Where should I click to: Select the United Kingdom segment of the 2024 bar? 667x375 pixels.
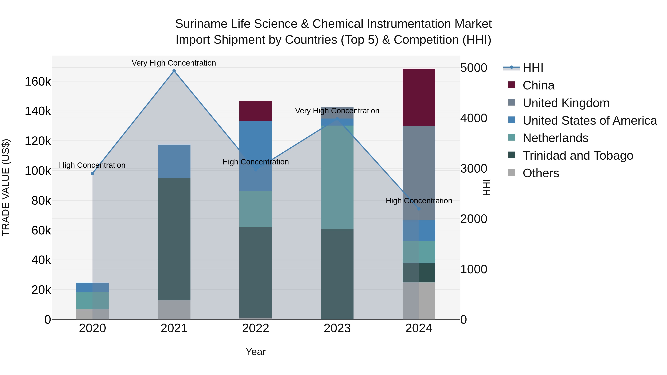tap(419, 173)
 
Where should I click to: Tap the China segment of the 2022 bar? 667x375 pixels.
tap(255, 111)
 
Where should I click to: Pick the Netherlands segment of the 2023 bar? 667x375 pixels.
tap(337, 177)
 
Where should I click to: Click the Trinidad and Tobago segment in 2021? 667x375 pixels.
tap(174, 239)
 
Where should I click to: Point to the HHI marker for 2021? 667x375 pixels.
tap(174, 71)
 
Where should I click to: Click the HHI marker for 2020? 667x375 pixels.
tap(92, 173)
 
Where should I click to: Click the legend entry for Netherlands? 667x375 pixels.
tap(555, 138)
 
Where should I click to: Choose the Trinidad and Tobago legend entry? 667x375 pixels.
tap(578, 156)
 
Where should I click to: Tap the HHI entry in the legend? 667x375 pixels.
tap(533, 68)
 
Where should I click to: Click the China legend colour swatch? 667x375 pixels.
tap(511, 85)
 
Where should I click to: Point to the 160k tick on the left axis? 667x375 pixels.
tap(38, 82)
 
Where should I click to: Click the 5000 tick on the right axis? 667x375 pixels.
tap(474, 68)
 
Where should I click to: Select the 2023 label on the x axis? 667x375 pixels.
tap(337, 328)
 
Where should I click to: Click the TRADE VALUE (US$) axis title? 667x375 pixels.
tap(6, 187)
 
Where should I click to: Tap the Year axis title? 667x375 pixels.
tap(255, 352)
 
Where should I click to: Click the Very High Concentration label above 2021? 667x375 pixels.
tap(174, 63)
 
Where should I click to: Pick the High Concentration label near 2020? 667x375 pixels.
tap(92, 165)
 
